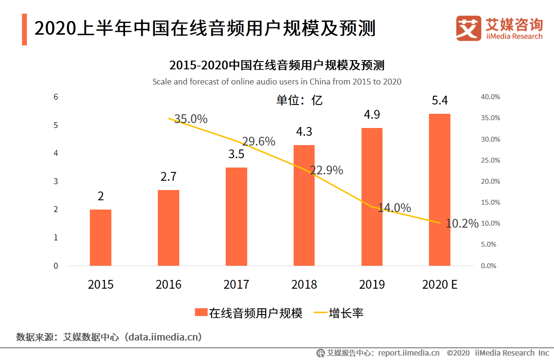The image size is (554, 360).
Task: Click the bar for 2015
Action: coord(101,237)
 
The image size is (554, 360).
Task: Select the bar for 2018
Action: coord(304,205)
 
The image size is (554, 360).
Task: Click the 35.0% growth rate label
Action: coord(191,119)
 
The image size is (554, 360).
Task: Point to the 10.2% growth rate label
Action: coord(462,224)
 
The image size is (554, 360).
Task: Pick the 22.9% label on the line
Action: coord(326,170)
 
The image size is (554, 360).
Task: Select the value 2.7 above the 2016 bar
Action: coord(169,177)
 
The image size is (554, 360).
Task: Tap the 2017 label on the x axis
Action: coord(236,284)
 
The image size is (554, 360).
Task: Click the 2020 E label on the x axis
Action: coord(440,284)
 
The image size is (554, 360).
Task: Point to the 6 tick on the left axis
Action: coord(56,97)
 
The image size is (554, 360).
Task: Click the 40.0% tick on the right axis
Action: coord(490,97)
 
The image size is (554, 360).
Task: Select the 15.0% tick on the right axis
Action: coord(490,202)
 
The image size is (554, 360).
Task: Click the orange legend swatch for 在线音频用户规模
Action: coord(200,313)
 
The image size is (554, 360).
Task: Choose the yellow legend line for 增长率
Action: coord(320,313)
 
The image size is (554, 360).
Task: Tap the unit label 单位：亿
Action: coord(299,100)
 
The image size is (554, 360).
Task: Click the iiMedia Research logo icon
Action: coord(469,28)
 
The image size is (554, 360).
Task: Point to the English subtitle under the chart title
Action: coord(277,82)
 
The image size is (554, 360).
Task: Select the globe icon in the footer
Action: coord(321,353)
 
